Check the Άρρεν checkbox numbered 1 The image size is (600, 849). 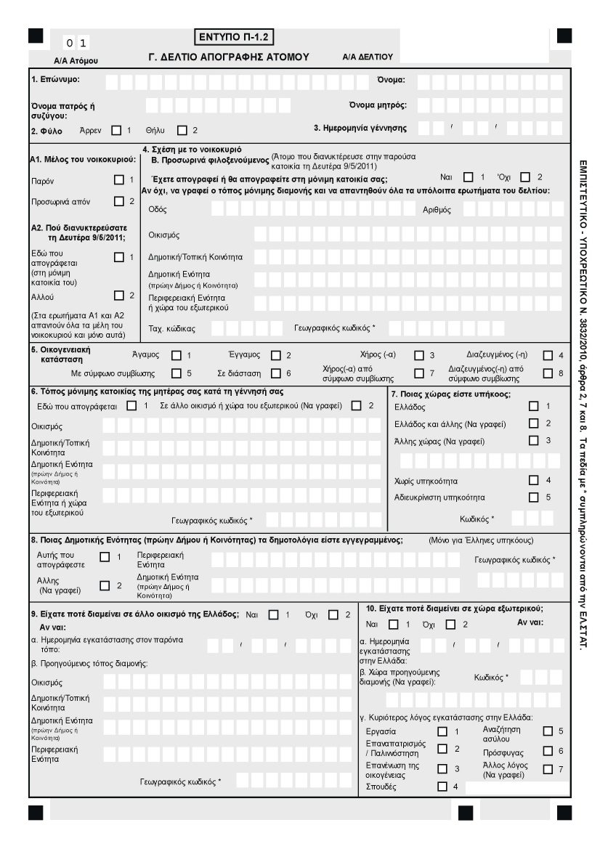pyautogui.click(x=116, y=131)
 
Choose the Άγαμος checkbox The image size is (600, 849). pyautogui.click(x=176, y=355)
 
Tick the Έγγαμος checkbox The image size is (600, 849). pyautogui.click(x=275, y=355)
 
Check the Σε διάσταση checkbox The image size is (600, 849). pyautogui.click(x=275, y=373)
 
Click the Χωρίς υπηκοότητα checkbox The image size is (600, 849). pyautogui.click(x=534, y=480)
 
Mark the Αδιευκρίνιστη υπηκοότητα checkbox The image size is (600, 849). pyautogui.click(x=534, y=497)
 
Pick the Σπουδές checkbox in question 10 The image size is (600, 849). pyautogui.click(x=442, y=786)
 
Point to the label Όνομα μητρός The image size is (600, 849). pyautogui.click(x=378, y=105)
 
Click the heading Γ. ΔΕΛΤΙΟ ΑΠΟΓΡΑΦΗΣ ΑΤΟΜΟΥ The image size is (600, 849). pyautogui.click(x=229, y=56)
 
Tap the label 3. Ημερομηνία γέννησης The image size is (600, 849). pyautogui.click(x=360, y=129)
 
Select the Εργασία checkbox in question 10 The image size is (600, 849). pyautogui.click(x=442, y=731)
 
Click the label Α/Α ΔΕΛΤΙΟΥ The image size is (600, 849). pyautogui.click(x=367, y=57)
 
